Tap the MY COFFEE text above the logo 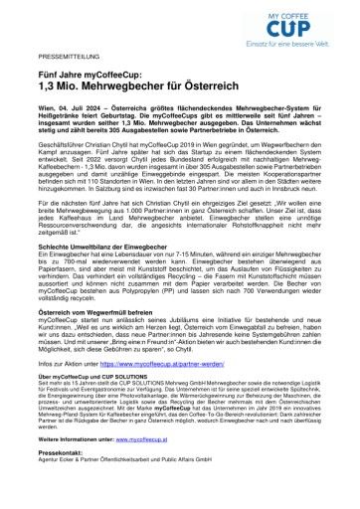[x=304, y=11]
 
